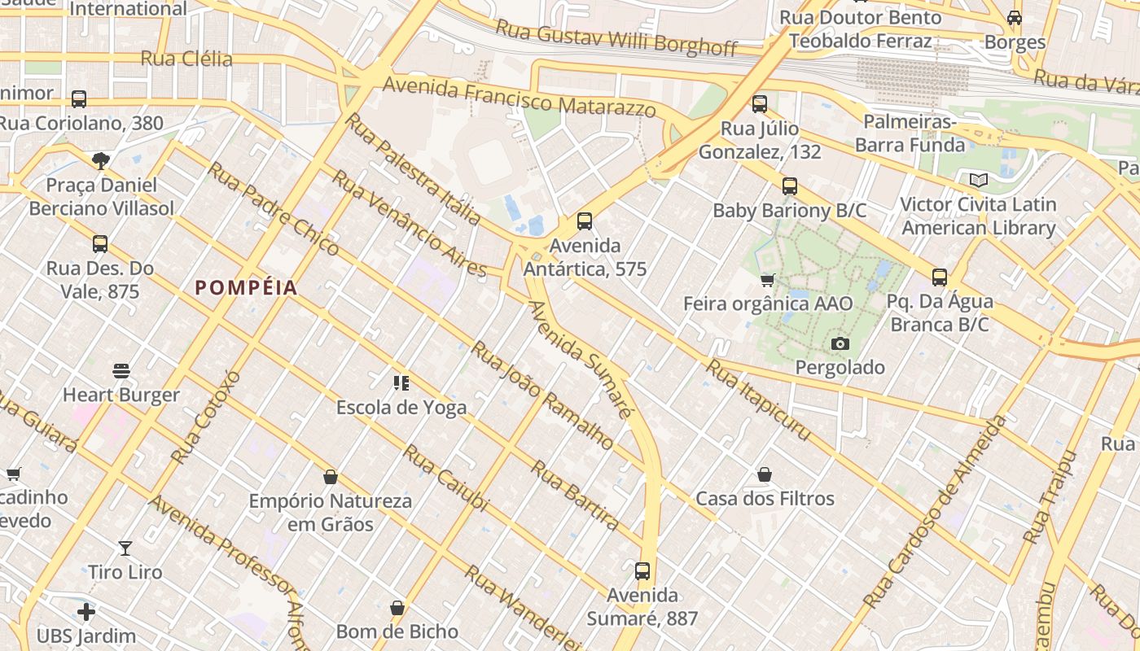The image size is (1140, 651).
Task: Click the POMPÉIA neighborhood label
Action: tap(246, 287)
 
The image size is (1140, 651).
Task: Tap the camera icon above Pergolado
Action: tap(840, 344)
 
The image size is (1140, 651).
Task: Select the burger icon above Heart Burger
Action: tap(121, 371)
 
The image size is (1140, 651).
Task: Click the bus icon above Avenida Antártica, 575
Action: tap(584, 221)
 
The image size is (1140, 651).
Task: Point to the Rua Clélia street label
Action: tap(186, 59)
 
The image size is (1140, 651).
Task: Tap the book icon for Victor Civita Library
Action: tap(978, 181)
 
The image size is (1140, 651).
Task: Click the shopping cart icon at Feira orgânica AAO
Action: tap(767, 281)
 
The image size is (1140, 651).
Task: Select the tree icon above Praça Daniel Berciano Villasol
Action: tap(101, 160)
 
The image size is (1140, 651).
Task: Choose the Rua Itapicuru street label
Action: tap(758, 400)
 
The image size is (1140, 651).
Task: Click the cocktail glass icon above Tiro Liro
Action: tap(125, 548)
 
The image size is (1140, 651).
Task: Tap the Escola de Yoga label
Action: tap(401, 407)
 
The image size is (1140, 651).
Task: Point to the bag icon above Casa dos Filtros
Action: tap(765, 474)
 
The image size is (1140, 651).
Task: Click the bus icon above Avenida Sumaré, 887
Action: tap(642, 571)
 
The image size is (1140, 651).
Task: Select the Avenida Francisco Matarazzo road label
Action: tap(520, 96)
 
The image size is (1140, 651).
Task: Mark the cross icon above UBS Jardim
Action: tap(86, 611)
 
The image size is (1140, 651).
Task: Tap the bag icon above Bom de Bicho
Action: tap(397, 608)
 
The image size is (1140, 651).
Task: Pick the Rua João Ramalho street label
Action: tap(542, 395)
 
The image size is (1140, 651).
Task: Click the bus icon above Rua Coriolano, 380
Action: tap(79, 99)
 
